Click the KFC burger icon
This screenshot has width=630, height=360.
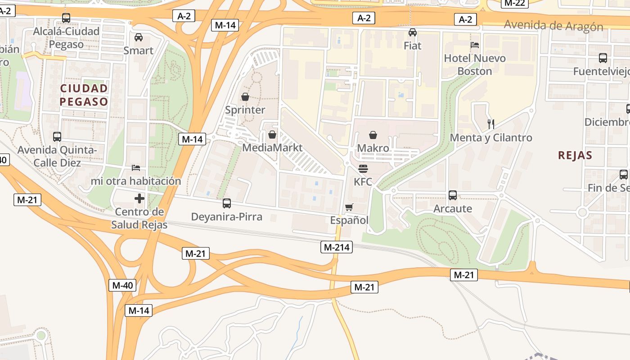(x=363, y=169)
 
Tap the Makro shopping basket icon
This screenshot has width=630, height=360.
(x=373, y=135)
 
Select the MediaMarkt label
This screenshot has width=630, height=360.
(x=272, y=148)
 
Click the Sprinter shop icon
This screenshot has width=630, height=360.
(x=245, y=97)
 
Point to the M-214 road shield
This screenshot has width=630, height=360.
(x=337, y=247)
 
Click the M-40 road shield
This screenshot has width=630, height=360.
(x=122, y=285)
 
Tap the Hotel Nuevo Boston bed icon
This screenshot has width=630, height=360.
(x=474, y=45)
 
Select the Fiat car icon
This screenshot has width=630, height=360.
(x=413, y=32)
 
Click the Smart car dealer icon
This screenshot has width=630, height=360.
(x=139, y=37)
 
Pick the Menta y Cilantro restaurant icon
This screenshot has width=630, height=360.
(x=491, y=124)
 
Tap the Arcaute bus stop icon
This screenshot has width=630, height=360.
(x=453, y=195)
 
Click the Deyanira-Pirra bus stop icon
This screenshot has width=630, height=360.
(x=227, y=203)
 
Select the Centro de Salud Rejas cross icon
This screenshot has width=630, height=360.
(x=139, y=198)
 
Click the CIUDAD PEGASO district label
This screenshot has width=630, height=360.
(x=84, y=94)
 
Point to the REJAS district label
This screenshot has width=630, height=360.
(x=575, y=156)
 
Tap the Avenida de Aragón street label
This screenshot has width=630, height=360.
(x=553, y=25)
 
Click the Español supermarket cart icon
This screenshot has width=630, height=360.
(x=349, y=207)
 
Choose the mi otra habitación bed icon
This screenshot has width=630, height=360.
(x=136, y=168)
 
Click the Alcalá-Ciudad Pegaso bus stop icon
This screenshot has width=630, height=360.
(x=66, y=18)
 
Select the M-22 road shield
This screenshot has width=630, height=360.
(x=514, y=3)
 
